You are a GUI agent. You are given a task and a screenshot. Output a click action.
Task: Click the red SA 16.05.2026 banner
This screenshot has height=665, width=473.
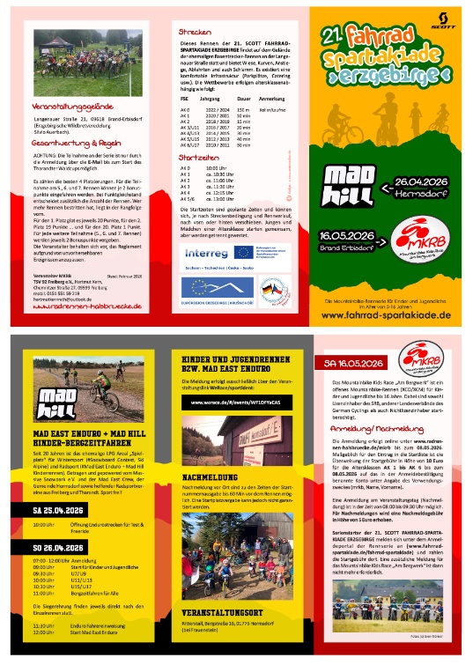tap(353, 364)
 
